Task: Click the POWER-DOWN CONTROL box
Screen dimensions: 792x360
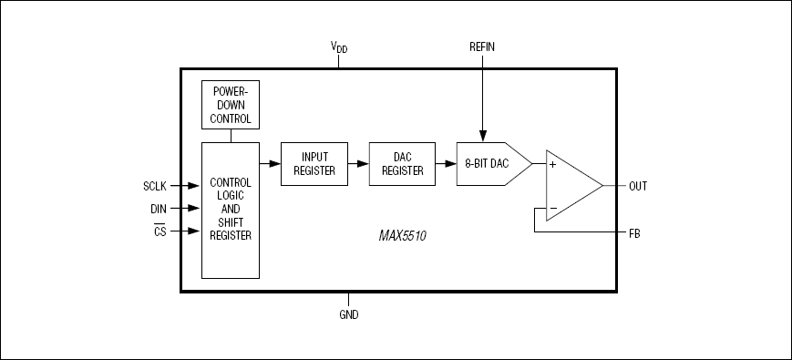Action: pyautogui.click(x=231, y=105)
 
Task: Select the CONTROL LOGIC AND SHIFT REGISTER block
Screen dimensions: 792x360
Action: pyautogui.click(x=231, y=210)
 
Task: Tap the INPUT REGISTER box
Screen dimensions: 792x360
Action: pyautogui.click(x=314, y=164)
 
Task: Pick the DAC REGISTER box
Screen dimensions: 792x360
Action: pyautogui.click(x=402, y=164)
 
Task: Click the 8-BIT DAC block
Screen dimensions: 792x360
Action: pyautogui.click(x=493, y=164)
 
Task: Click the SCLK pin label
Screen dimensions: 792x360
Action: pyautogui.click(x=155, y=186)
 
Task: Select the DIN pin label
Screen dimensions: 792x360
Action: pyautogui.click(x=158, y=209)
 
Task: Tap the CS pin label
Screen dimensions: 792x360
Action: pyautogui.click(x=160, y=231)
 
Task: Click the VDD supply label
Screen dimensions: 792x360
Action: pyautogui.click(x=339, y=47)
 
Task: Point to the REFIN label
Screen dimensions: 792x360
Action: pyautogui.click(x=482, y=47)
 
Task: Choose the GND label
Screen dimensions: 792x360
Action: pyautogui.click(x=348, y=315)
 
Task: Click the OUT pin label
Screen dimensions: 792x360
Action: pyautogui.click(x=638, y=186)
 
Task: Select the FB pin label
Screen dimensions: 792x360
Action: pyautogui.click(x=634, y=234)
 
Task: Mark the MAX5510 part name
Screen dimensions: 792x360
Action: pyautogui.click(x=403, y=236)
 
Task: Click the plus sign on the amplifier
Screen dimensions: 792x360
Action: pyautogui.click(x=552, y=165)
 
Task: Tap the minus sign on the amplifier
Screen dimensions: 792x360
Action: pyautogui.click(x=553, y=208)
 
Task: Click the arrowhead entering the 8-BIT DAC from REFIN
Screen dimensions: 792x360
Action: pyautogui.click(x=482, y=137)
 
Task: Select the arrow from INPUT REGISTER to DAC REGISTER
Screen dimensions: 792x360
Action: pyautogui.click(x=358, y=164)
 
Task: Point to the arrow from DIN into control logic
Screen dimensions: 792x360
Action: pyautogui.click(x=185, y=208)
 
